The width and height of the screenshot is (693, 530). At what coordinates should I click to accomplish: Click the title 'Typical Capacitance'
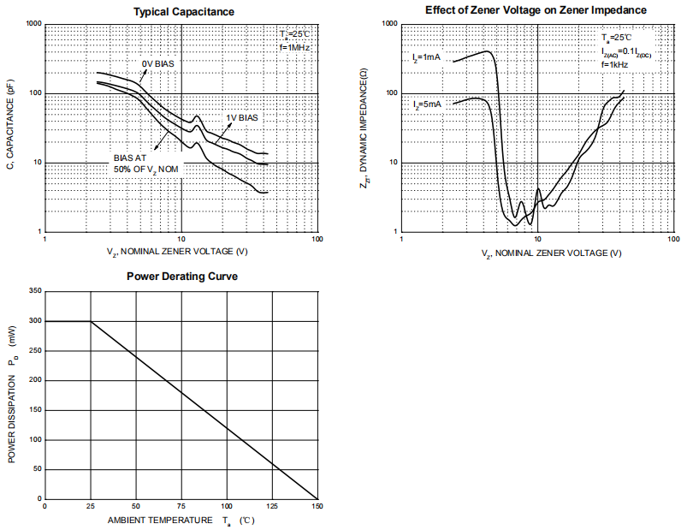[x=183, y=11]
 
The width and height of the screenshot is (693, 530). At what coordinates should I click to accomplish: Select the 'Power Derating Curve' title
[x=182, y=277]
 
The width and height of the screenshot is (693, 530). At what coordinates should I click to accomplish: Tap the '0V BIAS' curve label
[x=158, y=63]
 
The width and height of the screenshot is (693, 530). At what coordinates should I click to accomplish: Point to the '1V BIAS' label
[x=241, y=117]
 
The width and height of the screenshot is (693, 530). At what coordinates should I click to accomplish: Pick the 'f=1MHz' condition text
[x=294, y=48]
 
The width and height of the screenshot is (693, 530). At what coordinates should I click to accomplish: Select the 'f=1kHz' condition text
[x=614, y=64]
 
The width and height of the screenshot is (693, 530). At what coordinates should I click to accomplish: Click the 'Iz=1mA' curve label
[x=426, y=57]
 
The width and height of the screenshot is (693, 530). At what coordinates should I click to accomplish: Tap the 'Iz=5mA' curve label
[x=426, y=104]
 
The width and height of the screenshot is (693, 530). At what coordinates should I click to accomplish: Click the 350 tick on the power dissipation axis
[x=35, y=292]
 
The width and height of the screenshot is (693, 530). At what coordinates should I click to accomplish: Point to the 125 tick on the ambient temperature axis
[x=272, y=507]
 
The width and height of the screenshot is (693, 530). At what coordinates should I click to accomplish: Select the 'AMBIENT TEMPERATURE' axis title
[x=160, y=520]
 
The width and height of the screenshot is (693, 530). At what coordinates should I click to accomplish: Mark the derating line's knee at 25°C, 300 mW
[x=91, y=321]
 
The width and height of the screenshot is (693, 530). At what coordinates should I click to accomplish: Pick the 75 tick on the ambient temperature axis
[x=181, y=507]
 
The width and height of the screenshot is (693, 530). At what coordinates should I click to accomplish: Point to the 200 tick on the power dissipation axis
[x=35, y=380]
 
